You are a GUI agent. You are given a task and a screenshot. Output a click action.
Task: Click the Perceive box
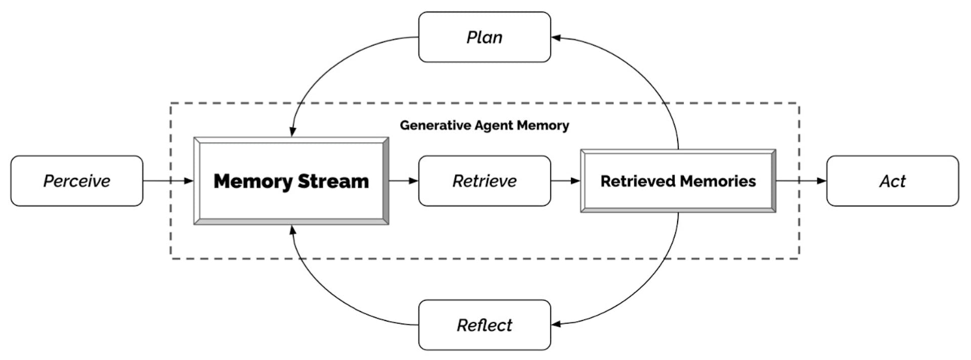76,181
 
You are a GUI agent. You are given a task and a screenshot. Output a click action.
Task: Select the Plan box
484,37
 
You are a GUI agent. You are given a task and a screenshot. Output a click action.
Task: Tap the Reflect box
484,325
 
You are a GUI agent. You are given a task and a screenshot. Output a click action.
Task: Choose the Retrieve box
484,181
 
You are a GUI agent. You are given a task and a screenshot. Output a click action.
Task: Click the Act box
892,181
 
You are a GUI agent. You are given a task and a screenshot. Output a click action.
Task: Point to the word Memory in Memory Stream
253,181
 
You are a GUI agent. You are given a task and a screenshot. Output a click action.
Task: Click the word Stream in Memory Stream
333,181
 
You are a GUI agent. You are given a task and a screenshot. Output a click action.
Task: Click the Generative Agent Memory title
484,125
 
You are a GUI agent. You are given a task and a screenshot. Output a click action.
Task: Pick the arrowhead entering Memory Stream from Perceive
189,181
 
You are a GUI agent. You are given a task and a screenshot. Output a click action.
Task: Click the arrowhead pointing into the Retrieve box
414,181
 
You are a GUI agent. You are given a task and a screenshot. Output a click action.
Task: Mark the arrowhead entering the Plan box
556,37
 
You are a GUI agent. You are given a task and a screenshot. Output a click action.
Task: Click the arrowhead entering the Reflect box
556,324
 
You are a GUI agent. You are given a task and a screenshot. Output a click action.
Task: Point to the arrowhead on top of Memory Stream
292,131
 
